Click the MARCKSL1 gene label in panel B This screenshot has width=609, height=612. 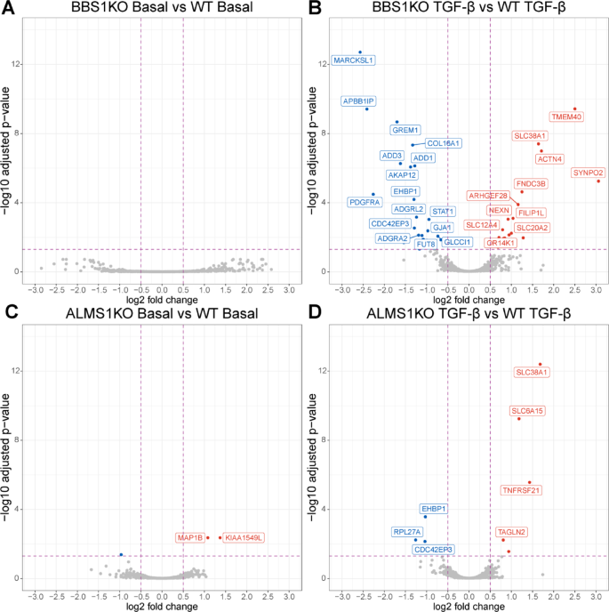click(353, 60)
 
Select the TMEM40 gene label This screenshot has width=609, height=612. click(566, 117)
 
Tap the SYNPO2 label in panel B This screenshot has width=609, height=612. click(589, 172)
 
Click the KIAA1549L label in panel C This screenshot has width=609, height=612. click(244, 537)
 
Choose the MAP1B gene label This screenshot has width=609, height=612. click(190, 537)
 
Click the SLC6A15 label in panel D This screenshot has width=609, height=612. click(528, 411)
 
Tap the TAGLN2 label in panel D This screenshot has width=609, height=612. click(511, 532)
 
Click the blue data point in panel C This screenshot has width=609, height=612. click(121, 554)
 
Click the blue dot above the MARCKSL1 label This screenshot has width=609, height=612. click(360, 52)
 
